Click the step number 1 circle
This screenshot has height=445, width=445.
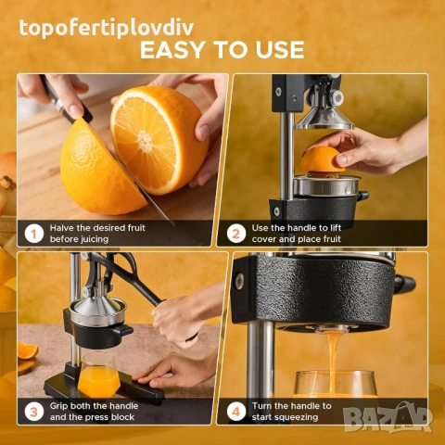click(x=34, y=234)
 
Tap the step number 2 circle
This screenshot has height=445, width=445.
click(x=236, y=234)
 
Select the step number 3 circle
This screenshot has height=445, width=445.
click(x=34, y=412)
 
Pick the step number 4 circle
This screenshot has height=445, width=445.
click(x=236, y=412)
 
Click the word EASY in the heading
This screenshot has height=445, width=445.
click(x=172, y=49)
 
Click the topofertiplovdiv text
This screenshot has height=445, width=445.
click(x=107, y=28)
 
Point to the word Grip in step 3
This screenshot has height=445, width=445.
click(x=58, y=406)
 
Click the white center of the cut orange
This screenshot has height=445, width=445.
click(x=145, y=141)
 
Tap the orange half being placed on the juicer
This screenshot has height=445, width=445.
click(x=322, y=159)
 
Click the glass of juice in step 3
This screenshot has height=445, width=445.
click(x=99, y=375)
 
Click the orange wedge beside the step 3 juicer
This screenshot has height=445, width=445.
click(x=28, y=350)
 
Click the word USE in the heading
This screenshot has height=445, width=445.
click(x=280, y=49)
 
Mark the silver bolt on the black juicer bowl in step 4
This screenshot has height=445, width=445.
click(x=239, y=282)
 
